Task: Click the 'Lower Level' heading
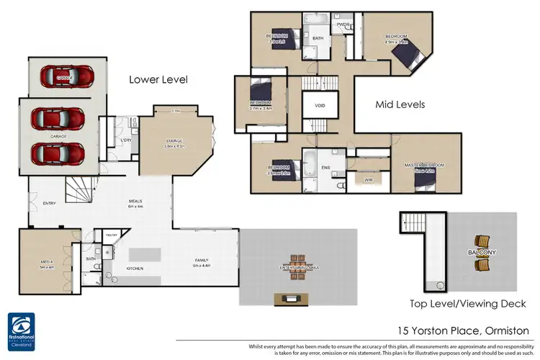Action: point(158,80)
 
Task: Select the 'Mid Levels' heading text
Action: point(400,104)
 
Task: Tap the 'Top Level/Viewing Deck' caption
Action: point(467,303)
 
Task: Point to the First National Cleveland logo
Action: point(24,330)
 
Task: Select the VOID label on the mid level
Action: point(320,105)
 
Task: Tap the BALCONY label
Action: point(480,253)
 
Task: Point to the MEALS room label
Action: point(135,202)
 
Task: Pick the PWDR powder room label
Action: point(343,23)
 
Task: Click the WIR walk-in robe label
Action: point(368,179)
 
